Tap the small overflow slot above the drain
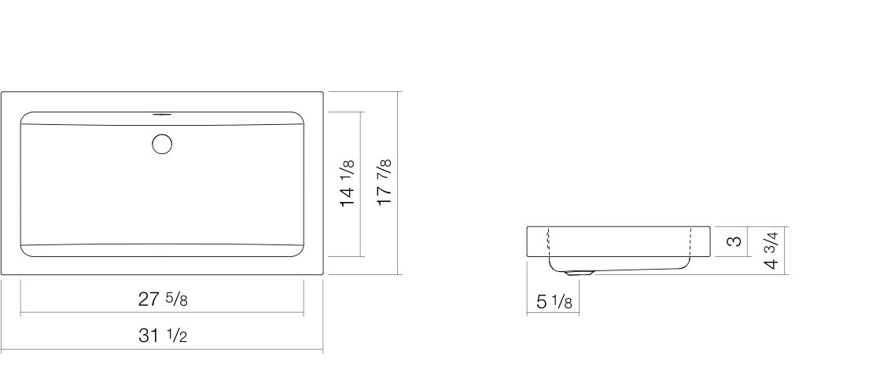coord(161,115)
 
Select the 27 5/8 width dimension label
coord(163,299)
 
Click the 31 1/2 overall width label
coord(163,336)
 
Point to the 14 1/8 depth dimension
coord(348,183)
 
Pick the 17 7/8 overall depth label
coord(385,182)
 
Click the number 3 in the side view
coord(736,241)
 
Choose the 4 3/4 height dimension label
coord(771,250)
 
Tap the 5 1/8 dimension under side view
coord(554,302)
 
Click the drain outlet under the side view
coord(579,273)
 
